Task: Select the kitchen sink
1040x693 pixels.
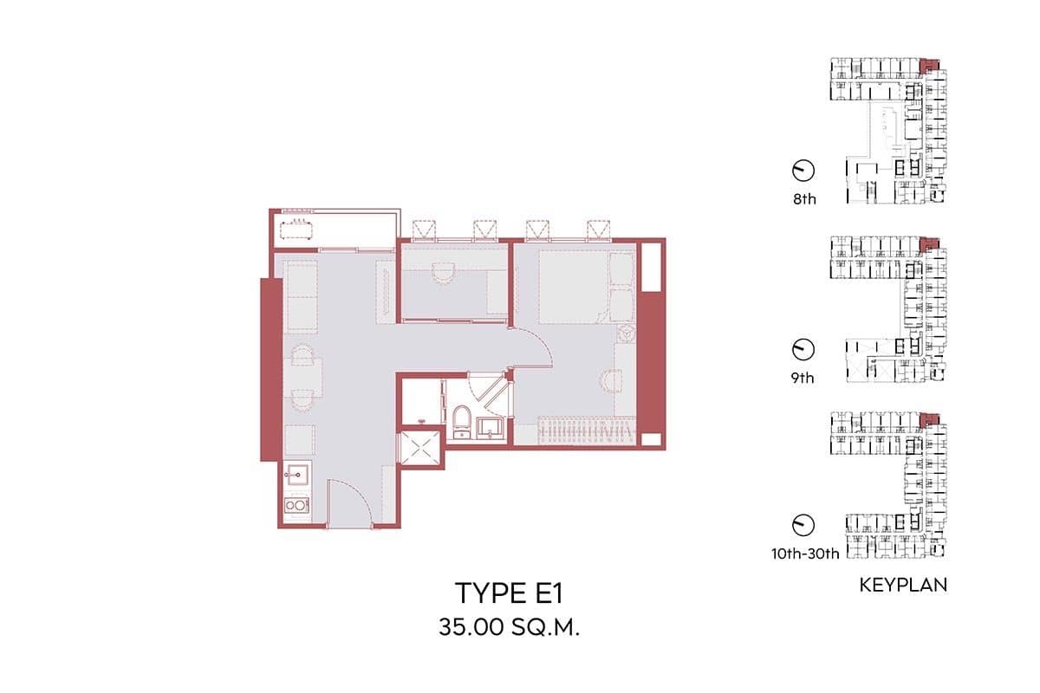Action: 296,474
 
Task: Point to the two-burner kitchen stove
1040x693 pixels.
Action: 296,504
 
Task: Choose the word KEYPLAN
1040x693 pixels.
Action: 903,586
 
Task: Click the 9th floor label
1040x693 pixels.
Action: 803,378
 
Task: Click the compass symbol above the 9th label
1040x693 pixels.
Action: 803,348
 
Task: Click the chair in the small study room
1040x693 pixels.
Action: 444,272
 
